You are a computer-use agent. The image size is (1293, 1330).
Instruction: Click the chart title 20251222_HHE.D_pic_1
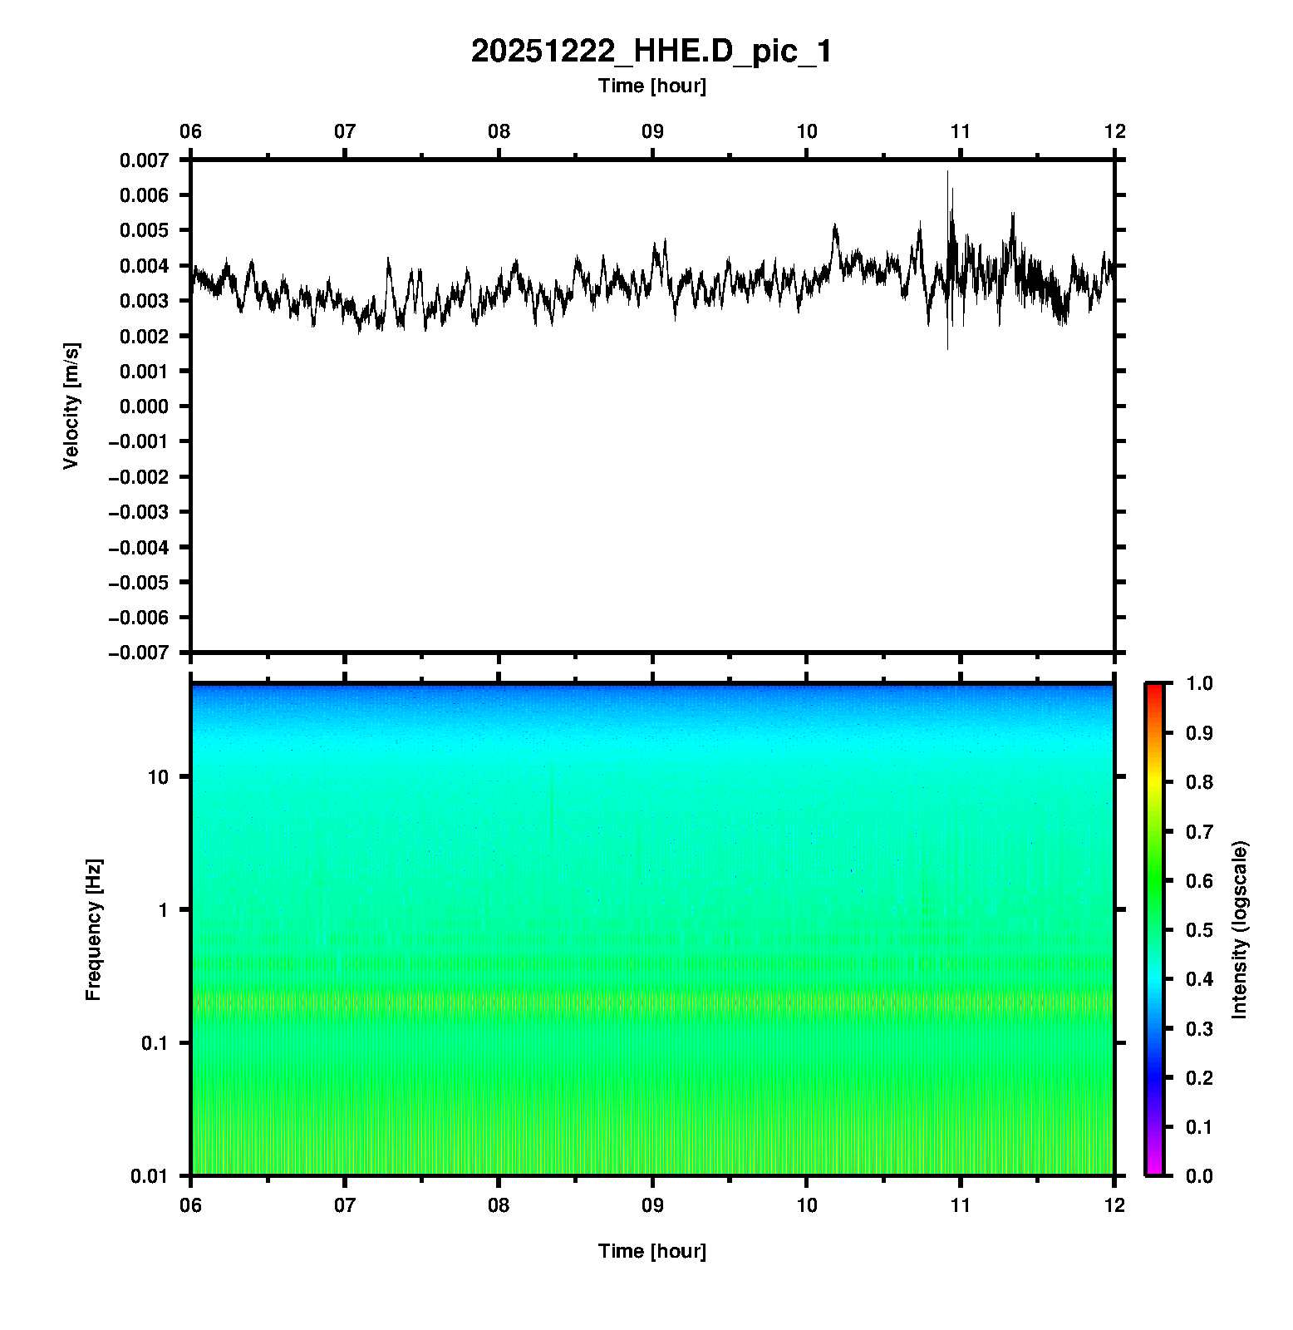651,52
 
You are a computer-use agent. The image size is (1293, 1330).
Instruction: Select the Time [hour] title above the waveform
651,86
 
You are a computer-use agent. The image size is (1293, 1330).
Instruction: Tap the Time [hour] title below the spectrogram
651,1251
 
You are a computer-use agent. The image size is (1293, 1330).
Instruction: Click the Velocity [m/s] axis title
71,406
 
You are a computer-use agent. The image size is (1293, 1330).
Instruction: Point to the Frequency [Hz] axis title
93,929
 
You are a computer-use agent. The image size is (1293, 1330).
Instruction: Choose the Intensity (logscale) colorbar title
1240,929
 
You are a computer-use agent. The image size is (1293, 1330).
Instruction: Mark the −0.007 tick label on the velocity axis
138,653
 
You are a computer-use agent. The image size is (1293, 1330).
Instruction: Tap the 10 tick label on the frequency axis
157,777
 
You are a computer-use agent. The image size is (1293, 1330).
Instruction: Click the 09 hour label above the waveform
652,131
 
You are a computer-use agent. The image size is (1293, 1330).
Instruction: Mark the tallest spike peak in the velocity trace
947,172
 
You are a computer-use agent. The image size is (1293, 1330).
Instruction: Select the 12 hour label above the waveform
1114,131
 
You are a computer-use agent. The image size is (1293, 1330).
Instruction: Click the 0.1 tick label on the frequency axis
154,1043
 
